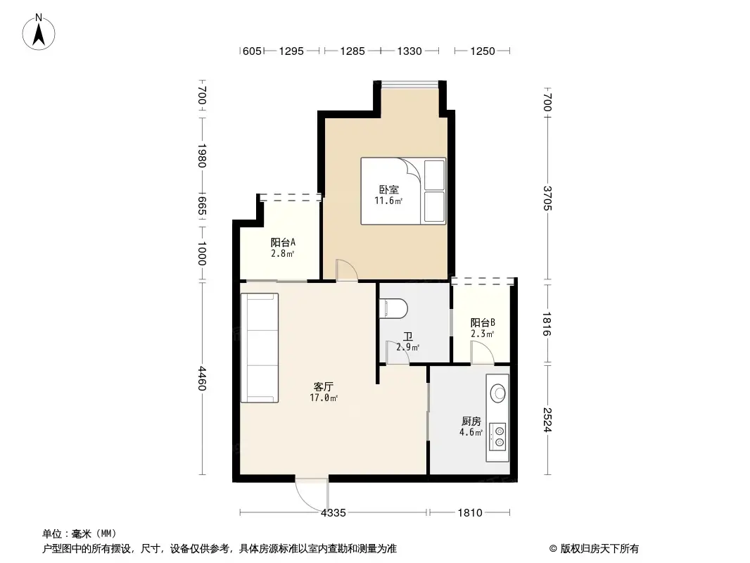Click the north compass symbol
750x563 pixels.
(40, 32)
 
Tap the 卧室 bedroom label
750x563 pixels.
(388, 189)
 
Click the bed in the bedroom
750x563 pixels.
(403, 191)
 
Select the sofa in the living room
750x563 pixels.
(260, 348)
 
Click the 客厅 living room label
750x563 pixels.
(323, 386)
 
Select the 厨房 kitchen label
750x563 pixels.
(471, 421)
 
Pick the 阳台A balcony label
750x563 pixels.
(283, 242)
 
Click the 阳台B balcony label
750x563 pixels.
(483, 322)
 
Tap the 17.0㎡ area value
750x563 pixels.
(324, 398)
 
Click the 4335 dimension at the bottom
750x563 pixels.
(333, 513)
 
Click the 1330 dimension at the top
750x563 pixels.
(409, 51)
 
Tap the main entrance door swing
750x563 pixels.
(310, 492)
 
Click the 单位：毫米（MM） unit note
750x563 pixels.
(80, 533)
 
